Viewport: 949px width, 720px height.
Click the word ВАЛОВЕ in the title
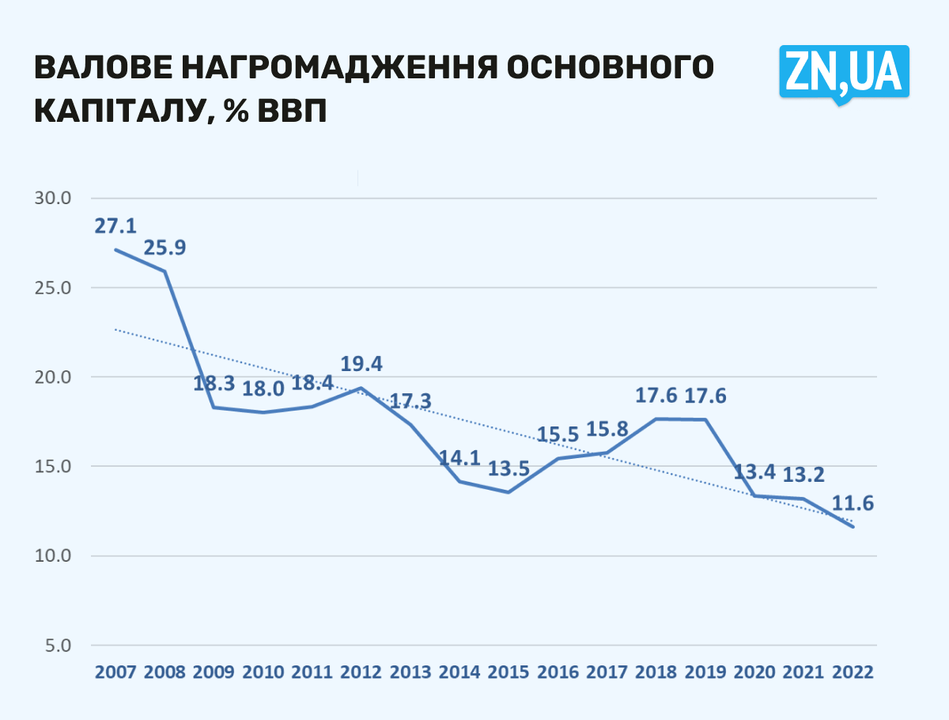click(x=100, y=68)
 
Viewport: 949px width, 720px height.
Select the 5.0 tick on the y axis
click(x=60, y=646)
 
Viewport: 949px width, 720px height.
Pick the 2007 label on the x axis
click(x=115, y=673)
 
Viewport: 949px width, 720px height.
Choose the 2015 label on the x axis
click(x=509, y=673)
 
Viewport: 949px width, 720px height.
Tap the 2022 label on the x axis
click(x=853, y=673)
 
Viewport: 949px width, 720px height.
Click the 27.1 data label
click(x=116, y=226)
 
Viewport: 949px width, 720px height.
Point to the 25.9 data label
click(x=164, y=248)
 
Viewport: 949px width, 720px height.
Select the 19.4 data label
click(x=361, y=365)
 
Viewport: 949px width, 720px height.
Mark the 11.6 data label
click(x=853, y=503)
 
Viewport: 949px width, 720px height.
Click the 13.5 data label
click(x=509, y=468)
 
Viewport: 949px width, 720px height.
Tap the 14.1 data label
click(x=459, y=457)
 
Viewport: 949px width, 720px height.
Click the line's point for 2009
click(x=214, y=407)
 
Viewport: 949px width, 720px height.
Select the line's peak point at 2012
click(x=361, y=388)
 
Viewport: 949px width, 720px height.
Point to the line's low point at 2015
click(x=508, y=492)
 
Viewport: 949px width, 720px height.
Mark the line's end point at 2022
click(x=853, y=527)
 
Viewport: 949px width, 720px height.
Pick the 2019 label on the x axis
click(x=705, y=673)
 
